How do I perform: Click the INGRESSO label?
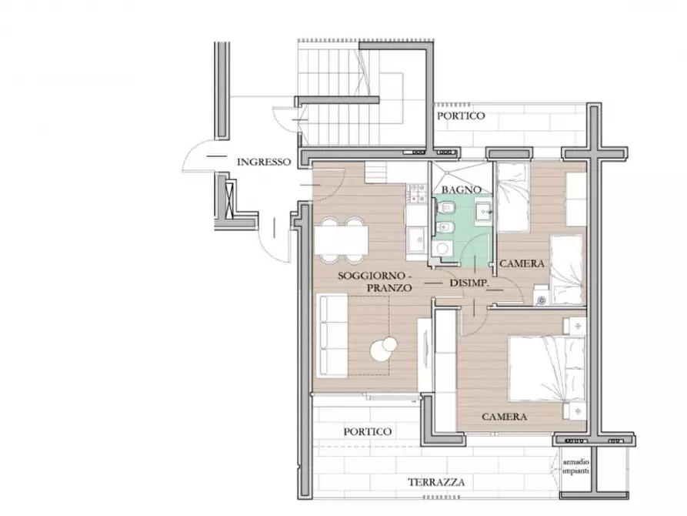coord(264,162)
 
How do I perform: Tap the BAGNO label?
coord(462,189)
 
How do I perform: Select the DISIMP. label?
coord(469,283)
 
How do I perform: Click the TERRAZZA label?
coord(436,483)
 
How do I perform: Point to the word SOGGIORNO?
coord(371,276)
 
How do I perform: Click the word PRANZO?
coord(389,288)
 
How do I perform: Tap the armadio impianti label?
coord(576,467)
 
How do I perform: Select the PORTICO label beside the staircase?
coord(461,116)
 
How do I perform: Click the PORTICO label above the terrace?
coord(367,432)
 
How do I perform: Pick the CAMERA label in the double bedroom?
coord(505,417)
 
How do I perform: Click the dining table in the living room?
coord(342,240)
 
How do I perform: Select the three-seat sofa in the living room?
coord(332,335)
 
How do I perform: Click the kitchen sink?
coord(416,241)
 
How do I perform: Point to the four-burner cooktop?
coord(417,193)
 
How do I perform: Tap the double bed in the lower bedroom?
coord(546,369)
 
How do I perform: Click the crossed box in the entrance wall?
coord(229,199)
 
